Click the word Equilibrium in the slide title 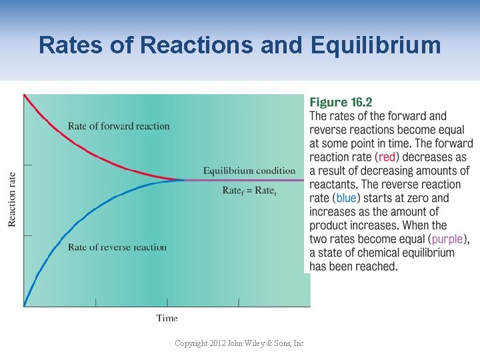tap(375, 45)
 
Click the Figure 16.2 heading tap(341, 102)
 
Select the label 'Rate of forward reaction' tap(119, 126)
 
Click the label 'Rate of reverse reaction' tap(117, 247)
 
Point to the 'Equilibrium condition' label tap(249, 171)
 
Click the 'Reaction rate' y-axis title tap(12, 199)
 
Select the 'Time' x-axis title tap(167, 318)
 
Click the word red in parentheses tap(387, 157)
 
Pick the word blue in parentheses tap(346, 198)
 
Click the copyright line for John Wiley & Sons tap(239, 343)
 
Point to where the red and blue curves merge tap(185, 179)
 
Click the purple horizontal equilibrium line tap(247, 180)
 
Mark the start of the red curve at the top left tap(25, 95)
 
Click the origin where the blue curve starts tap(24, 306)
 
